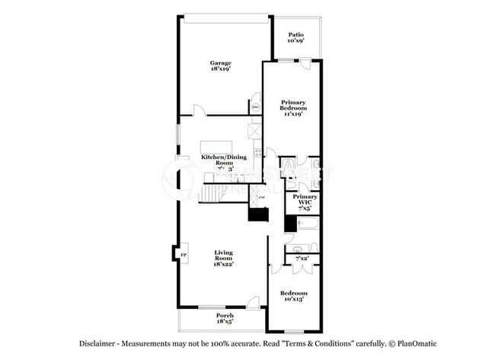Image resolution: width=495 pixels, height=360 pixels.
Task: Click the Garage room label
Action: [x=221, y=63]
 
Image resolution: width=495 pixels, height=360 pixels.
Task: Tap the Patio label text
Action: [x=296, y=35]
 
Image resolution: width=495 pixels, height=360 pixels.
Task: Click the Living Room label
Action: [x=223, y=253]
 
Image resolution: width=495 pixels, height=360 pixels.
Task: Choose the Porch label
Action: [x=225, y=315]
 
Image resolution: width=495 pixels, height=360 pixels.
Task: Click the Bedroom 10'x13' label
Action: [x=293, y=294]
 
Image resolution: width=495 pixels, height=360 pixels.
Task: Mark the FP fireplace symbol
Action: [x=181, y=253]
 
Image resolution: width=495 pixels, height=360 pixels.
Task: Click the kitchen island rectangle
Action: [x=216, y=147]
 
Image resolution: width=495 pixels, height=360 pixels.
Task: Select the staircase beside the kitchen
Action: [x=213, y=195]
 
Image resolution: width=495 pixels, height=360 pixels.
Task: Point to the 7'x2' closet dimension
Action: [x=302, y=259]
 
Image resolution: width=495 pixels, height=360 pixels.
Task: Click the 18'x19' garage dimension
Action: [x=221, y=68]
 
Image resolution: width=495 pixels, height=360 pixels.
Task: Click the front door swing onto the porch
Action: [x=251, y=303]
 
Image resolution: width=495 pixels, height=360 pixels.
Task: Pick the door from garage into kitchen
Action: [x=200, y=111]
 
